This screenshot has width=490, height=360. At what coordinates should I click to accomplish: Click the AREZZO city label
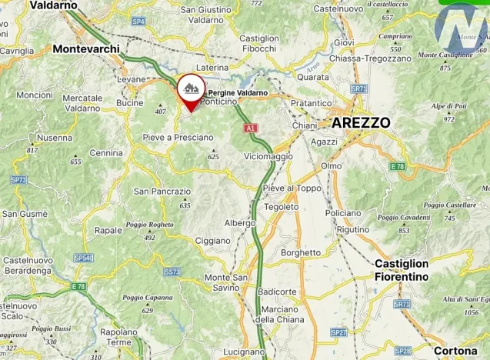[x=361, y=122]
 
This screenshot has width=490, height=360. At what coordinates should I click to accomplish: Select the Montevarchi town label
[x=87, y=48]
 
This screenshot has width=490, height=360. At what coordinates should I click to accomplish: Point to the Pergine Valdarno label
[x=238, y=93]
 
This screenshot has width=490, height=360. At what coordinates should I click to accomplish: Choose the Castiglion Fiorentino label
[x=412, y=269]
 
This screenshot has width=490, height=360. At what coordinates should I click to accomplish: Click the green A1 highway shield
[x=249, y=128]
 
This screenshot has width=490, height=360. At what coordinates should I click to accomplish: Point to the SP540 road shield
[x=84, y=258]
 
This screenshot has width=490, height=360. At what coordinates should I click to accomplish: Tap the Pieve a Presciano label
[x=178, y=137]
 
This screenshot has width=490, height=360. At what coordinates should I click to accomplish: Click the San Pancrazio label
[x=162, y=191]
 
